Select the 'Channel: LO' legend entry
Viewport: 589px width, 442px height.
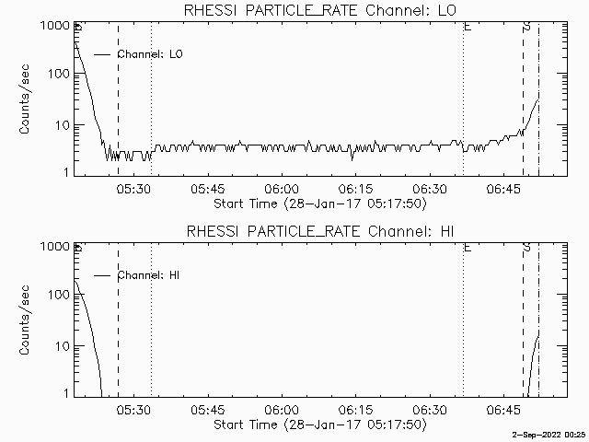pyautogui.click(x=151, y=54)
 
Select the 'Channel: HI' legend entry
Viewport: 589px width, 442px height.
pyautogui.click(x=149, y=275)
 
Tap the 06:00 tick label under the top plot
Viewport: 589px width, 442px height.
pyautogui.click(x=282, y=188)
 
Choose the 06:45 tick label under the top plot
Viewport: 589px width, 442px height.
pyautogui.click(x=503, y=188)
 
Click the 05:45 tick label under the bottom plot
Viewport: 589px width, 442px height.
pyautogui.click(x=208, y=409)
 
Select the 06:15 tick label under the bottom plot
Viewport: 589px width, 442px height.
pyautogui.click(x=355, y=409)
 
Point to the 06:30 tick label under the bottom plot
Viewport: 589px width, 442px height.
pyautogui.click(x=430, y=409)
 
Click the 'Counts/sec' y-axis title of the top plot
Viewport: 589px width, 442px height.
pyautogui.click(x=26, y=99)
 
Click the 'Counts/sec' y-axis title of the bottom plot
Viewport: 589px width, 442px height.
pyautogui.click(x=26, y=320)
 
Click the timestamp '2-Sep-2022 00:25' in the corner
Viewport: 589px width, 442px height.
pyautogui.click(x=549, y=435)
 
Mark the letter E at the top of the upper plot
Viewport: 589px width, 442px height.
pyautogui.click(x=468, y=28)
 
